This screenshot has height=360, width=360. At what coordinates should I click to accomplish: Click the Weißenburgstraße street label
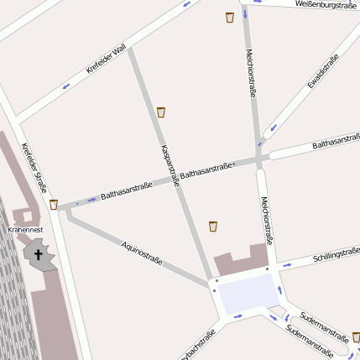(x=326, y=5)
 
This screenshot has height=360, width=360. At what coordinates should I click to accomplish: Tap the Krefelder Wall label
(x=106, y=60)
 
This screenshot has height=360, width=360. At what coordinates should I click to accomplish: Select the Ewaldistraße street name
(x=321, y=71)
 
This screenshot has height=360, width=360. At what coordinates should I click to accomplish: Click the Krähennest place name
(x=25, y=228)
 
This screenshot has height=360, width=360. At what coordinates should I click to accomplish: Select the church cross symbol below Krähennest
(x=38, y=253)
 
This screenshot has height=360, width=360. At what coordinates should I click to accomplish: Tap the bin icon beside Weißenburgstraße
(x=230, y=17)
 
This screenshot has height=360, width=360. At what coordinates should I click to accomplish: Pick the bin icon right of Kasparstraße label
(x=161, y=112)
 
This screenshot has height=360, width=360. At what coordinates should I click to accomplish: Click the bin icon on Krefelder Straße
(x=54, y=204)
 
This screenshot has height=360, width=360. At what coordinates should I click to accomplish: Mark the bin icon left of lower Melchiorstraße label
(x=213, y=226)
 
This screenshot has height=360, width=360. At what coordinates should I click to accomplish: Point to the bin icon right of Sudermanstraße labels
(x=356, y=337)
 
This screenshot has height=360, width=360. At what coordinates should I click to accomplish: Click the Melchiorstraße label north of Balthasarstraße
(x=250, y=70)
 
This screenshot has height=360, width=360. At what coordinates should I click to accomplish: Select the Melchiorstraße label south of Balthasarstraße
(x=265, y=220)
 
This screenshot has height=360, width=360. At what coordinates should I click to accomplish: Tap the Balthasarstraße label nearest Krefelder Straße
(x=127, y=190)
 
